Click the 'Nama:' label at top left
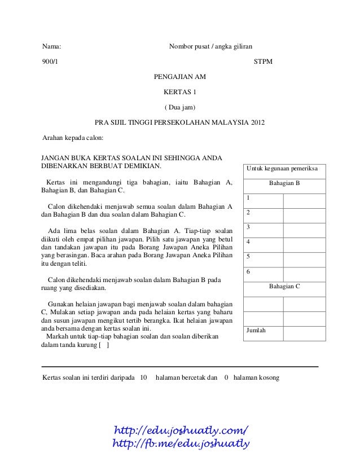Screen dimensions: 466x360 pyautogui.click(x=52, y=46)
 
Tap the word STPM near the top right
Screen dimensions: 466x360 pyautogui.click(x=264, y=61)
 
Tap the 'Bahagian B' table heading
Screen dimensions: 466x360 pyautogui.click(x=284, y=183)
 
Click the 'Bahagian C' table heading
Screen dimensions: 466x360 pyautogui.click(x=284, y=287)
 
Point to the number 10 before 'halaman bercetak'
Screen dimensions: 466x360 pyautogui.click(x=143, y=377)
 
